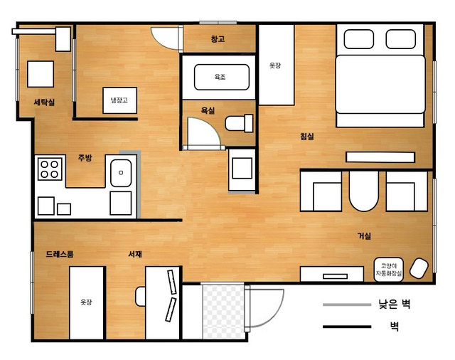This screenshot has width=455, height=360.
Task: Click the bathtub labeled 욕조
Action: pos(221,77)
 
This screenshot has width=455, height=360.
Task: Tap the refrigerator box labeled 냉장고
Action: pos(120,100)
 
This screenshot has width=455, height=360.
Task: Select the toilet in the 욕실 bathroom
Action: pos(239,123)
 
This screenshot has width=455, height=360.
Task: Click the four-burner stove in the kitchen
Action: pos(50,169)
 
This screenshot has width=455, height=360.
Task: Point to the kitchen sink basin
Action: pos(121,173)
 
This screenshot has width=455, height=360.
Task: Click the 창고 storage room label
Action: pos(218,39)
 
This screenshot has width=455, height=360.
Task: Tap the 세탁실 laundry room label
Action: pos(44,102)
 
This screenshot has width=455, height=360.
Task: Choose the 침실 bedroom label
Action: pos(307,136)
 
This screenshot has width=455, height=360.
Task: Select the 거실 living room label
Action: pos(364,235)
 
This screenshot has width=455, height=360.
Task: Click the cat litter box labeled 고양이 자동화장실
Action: pos(389,270)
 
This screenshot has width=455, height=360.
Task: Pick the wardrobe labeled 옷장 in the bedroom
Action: pos(277,65)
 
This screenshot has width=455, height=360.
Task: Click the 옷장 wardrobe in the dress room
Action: pos(87,302)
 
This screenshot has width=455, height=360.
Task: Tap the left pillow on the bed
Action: pos(358,39)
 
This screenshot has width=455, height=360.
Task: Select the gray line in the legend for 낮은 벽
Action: pos(347,305)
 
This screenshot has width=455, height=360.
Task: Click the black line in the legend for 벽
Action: pos(347,327)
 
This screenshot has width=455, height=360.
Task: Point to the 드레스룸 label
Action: pos(60,254)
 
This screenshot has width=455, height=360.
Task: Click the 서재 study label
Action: pos(135,254)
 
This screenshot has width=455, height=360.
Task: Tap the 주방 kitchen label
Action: pos(85,158)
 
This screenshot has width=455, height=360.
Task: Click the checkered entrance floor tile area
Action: pos(223,312)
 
